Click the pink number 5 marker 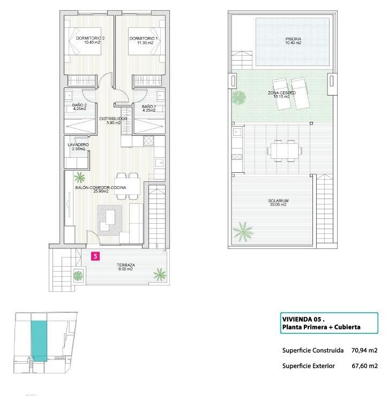(x=95, y=256)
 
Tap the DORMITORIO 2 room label (x=91, y=40)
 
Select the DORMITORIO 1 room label (x=144, y=40)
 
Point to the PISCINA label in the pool (x=293, y=41)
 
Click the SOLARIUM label (x=278, y=202)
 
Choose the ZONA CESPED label (x=281, y=94)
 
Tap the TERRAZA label (x=125, y=267)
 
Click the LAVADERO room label (x=78, y=146)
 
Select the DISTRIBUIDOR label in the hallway (x=113, y=121)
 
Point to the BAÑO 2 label (x=79, y=107)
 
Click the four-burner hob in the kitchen (x=148, y=141)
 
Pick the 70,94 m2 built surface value (x=364, y=350)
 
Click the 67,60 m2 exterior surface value (x=364, y=366)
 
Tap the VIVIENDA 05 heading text (x=303, y=319)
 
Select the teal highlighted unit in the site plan (x=39, y=341)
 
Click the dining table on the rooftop (x=284, y=151)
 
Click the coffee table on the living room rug (x=110, y=217)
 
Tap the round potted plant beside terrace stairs (x=78, y=275)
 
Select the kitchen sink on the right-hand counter (x=160, y=163)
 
